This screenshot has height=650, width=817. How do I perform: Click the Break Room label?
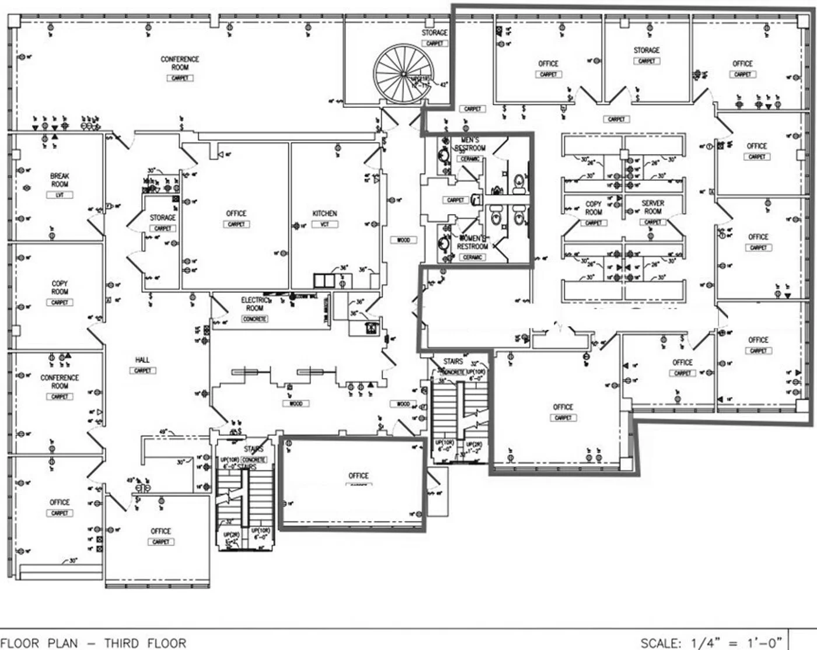[x=60, y=180]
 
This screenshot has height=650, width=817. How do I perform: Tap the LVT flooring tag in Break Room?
[x=60, y=195]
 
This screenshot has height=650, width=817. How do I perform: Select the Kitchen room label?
[x=324, y=214]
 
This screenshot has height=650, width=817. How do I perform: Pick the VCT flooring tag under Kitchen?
[x=324, y=224]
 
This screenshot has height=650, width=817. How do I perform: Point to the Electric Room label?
[x=254, y=304]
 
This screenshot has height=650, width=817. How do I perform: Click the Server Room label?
[x=653, y=207]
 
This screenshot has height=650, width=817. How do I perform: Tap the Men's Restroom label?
[x=470, y=144]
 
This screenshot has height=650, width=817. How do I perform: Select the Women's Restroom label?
[x=472, y=242]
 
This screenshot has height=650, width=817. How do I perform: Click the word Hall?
[x=142, y=360]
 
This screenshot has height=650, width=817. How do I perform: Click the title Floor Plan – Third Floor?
[x=93, y=643]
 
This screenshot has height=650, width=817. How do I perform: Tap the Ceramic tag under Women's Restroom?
[x=472, y=257]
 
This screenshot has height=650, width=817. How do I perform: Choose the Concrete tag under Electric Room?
[x=254, y=319]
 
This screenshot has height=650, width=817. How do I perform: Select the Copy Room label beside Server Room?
[x=593, y=208]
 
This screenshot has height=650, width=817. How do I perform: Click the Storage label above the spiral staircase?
[x=435, y=33]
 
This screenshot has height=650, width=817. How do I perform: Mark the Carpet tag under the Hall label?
[x=142, y=371]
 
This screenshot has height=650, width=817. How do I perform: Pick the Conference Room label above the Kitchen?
[x=180, y=63]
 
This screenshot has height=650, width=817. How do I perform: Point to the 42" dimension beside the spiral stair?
[x=444, y=85]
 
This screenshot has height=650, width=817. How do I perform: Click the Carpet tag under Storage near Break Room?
[x=163, y=228]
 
